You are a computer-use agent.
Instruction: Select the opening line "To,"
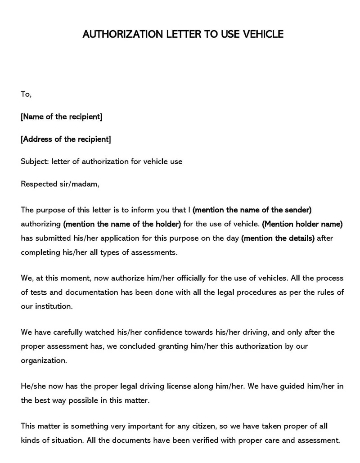[26, 94]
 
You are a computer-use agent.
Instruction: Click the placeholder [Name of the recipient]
[62, 117]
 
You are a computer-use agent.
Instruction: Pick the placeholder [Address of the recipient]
[66, 139]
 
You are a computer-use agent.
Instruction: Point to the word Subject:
[36, 161]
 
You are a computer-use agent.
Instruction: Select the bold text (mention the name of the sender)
[252, 210]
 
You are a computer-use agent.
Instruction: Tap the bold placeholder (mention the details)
[278, 238]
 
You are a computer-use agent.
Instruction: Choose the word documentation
[92, 292]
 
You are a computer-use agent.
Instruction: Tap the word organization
[44, 360]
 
